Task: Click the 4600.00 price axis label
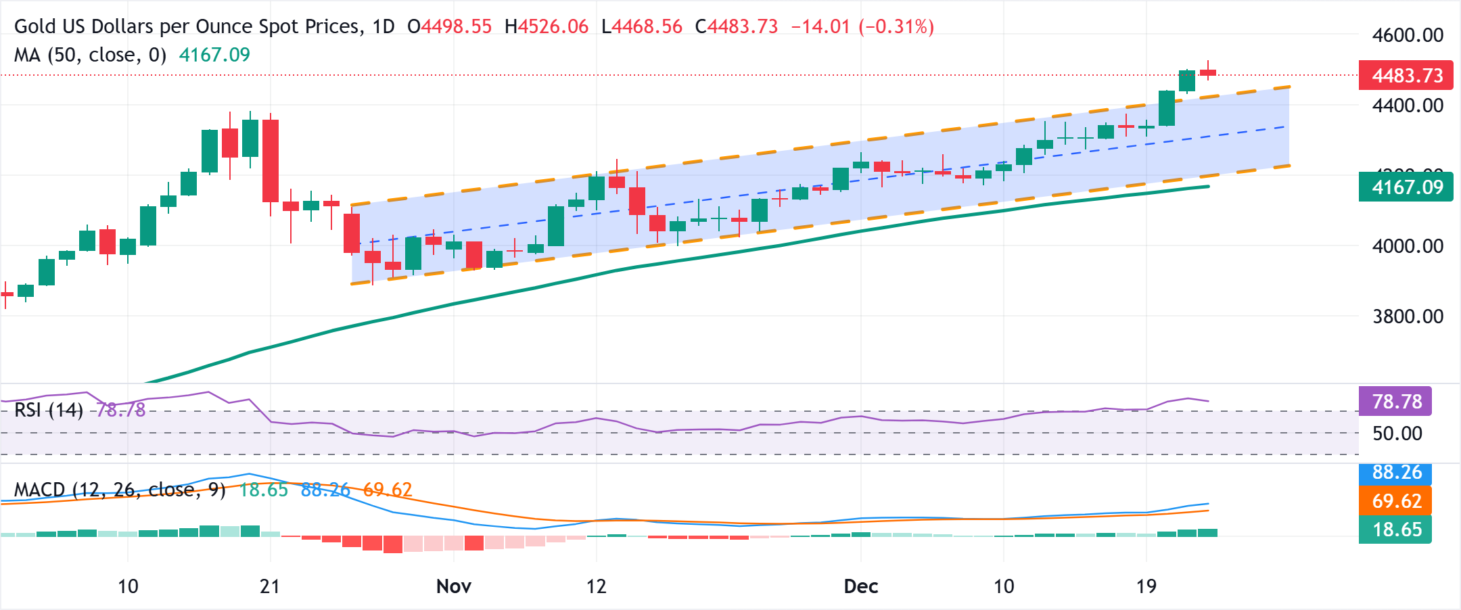(1407, 35)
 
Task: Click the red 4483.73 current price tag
(1406, 76)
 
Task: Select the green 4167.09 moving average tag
(1406, 187)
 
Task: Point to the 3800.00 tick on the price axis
(1407, 316)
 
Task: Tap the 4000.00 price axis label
(1407, 246)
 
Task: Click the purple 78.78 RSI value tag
(1395, 402)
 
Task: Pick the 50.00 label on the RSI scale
(1397, 433)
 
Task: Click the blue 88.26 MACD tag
(1395, 473)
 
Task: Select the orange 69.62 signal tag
(1395, 501)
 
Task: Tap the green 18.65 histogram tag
(1395, 530)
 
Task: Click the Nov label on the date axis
(453, 586)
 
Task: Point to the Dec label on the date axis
(860, 586)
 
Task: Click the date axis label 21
(270, 586)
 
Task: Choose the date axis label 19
(1146, 586)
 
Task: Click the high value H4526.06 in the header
(547, 27)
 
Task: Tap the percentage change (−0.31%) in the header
(896, 27)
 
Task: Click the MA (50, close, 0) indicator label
(90, 55)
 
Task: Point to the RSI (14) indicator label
(49, 410)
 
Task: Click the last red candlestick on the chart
(1207, 72)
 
